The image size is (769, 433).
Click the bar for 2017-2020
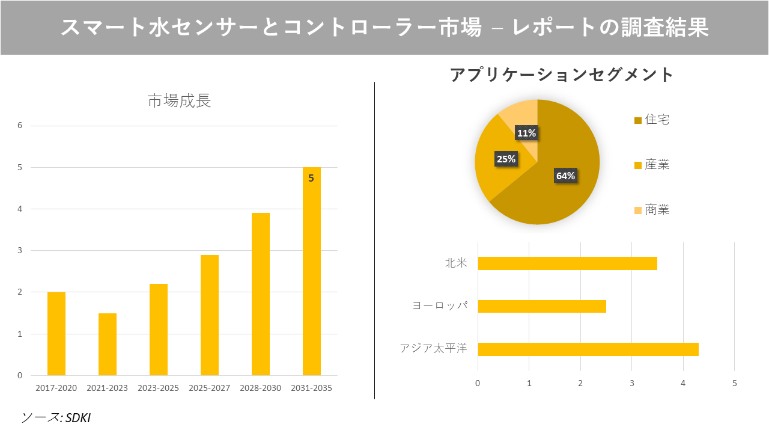point(56,334)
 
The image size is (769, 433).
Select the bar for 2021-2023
point(108,344)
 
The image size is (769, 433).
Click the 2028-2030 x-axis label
point(260,388)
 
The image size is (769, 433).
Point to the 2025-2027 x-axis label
point(209,388)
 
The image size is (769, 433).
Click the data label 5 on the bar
point(311,178)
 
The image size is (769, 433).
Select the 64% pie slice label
point(565,176)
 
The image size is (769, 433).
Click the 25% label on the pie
point(506,159)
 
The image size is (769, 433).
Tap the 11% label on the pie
point(526,133)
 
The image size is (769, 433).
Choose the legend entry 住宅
point(657,120)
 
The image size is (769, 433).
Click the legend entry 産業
point(657,165)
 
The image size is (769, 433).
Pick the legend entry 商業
point(657,210)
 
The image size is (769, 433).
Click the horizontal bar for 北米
point(567,263)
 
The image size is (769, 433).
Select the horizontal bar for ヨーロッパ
point(542,306)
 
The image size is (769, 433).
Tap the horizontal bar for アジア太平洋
point(588,349)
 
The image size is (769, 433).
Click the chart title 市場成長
point(179,101)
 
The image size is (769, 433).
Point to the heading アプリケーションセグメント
point(562,75)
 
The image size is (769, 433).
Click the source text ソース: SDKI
point(55,417)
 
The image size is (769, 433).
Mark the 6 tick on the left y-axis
point(20,126)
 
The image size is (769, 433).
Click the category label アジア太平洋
point(433,348)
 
